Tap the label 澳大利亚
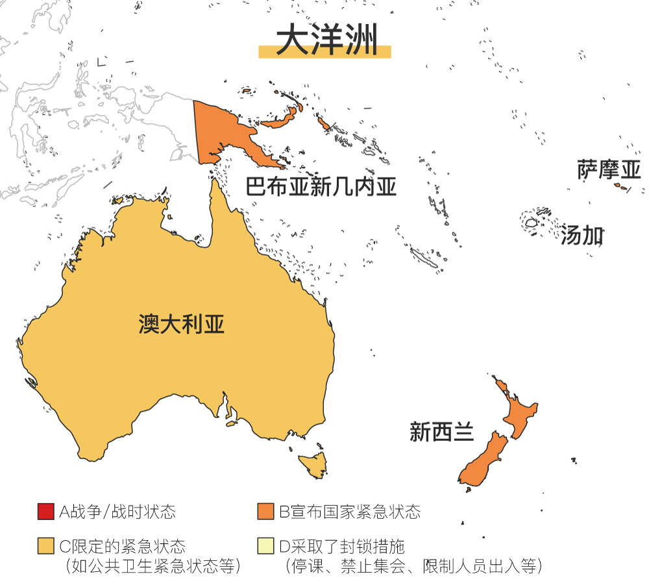pyautogui.click(x=182, y=324)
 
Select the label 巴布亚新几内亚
pyautogui.click(x=321, y=187)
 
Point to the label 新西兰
pyautogui.click(x=441, y=431)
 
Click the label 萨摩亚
pyautogui.click(x=609, y=170)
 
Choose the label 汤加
pyautogui.click(x=582, y=236)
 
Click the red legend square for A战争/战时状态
pyautogui.click(x=45, y=512)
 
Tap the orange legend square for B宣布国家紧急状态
pyautogui.click(x=265, y=512)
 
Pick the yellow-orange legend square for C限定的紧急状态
pyautogui.click(x=45, y=546)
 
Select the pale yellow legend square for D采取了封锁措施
pyautogui.click(x=265, y=546)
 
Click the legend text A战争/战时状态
pyautogui.click(x=117, y=512)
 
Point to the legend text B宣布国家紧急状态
pyautogui.click(x=350, y=512)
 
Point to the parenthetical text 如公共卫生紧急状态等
pyautogui.click(x=153, y=565)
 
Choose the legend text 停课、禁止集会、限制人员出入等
pyautogui.click(x=413, y=565)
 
